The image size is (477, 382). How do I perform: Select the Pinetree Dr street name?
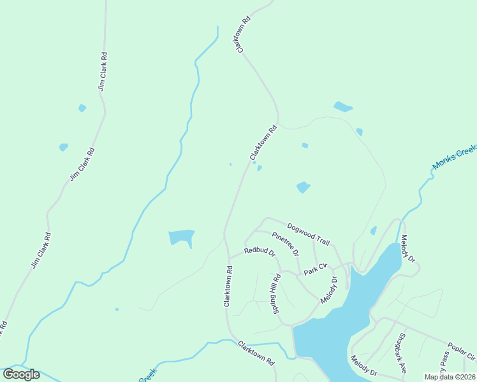[286, 244]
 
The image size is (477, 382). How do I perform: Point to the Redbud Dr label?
[259, 252]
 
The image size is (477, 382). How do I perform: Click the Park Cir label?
[315, 269]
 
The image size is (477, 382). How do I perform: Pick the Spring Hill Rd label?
[277, 294]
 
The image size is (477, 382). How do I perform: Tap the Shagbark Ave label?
[400, 353]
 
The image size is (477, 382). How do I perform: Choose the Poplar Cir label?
[462, 350]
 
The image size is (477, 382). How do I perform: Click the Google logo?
[21, 374]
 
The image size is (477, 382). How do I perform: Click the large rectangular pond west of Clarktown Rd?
[181, 237]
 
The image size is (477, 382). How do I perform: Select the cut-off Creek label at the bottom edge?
[148, 376]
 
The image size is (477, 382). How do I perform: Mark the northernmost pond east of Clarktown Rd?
[342, 106]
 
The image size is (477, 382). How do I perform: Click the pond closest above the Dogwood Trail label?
[303, 187]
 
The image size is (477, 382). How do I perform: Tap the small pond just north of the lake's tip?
[373, 230]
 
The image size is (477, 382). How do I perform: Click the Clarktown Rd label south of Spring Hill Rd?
[256, 352]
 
